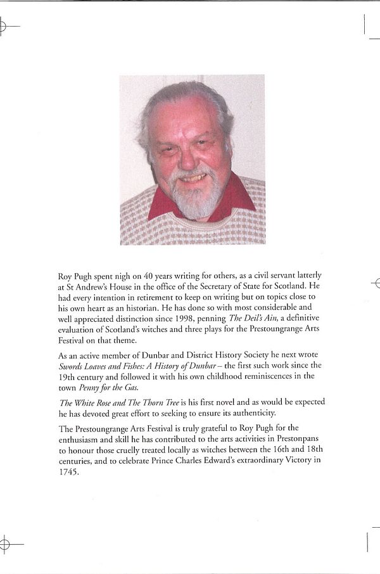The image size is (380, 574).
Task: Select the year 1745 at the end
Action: (x=68, y=471)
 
